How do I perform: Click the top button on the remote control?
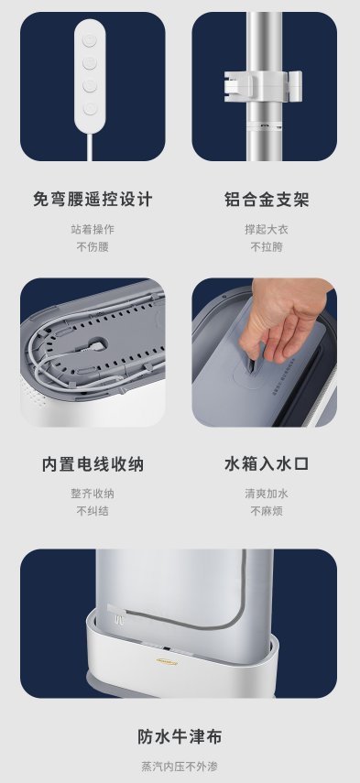90,40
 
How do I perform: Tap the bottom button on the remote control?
90,108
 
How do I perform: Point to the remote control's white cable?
90,147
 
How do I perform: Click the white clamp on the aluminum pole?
263,85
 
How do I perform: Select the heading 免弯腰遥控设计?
93,200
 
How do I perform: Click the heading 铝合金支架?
267,200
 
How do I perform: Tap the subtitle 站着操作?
93,229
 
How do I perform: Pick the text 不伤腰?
93,246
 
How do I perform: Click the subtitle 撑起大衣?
267,229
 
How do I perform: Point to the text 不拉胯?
267,246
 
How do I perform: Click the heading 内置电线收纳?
93,464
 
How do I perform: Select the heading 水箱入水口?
267,464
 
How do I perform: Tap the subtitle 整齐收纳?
93,494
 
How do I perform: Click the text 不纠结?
93,511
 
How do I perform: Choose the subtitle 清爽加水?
267,494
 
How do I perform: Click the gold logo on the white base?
167,661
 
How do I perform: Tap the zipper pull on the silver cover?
115,614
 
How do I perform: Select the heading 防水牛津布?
180,737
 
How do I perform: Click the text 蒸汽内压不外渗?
180,767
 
